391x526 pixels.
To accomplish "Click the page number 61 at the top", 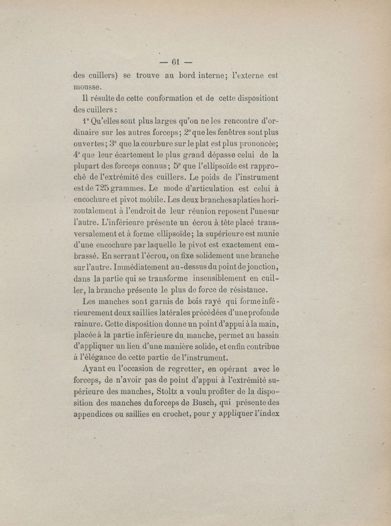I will pyautogui.click(x=176, y=62).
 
